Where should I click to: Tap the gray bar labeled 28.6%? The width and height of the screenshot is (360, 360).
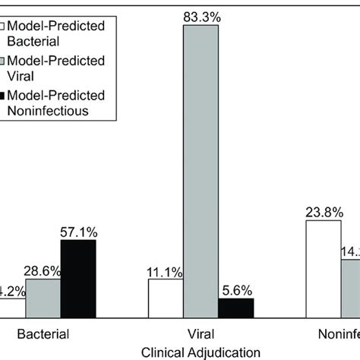(x=43, y=298)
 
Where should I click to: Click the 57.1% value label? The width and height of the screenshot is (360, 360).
(x=78, y=231)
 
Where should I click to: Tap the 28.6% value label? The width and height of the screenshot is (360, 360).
(x=43, y=270)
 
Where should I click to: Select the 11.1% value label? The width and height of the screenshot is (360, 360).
(x=166, y=270)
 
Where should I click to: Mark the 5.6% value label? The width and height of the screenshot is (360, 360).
(x=236, y=289)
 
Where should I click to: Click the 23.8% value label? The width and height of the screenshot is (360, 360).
(x=323, y=212)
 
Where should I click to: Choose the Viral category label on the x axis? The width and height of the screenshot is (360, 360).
(x=201, y=334)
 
